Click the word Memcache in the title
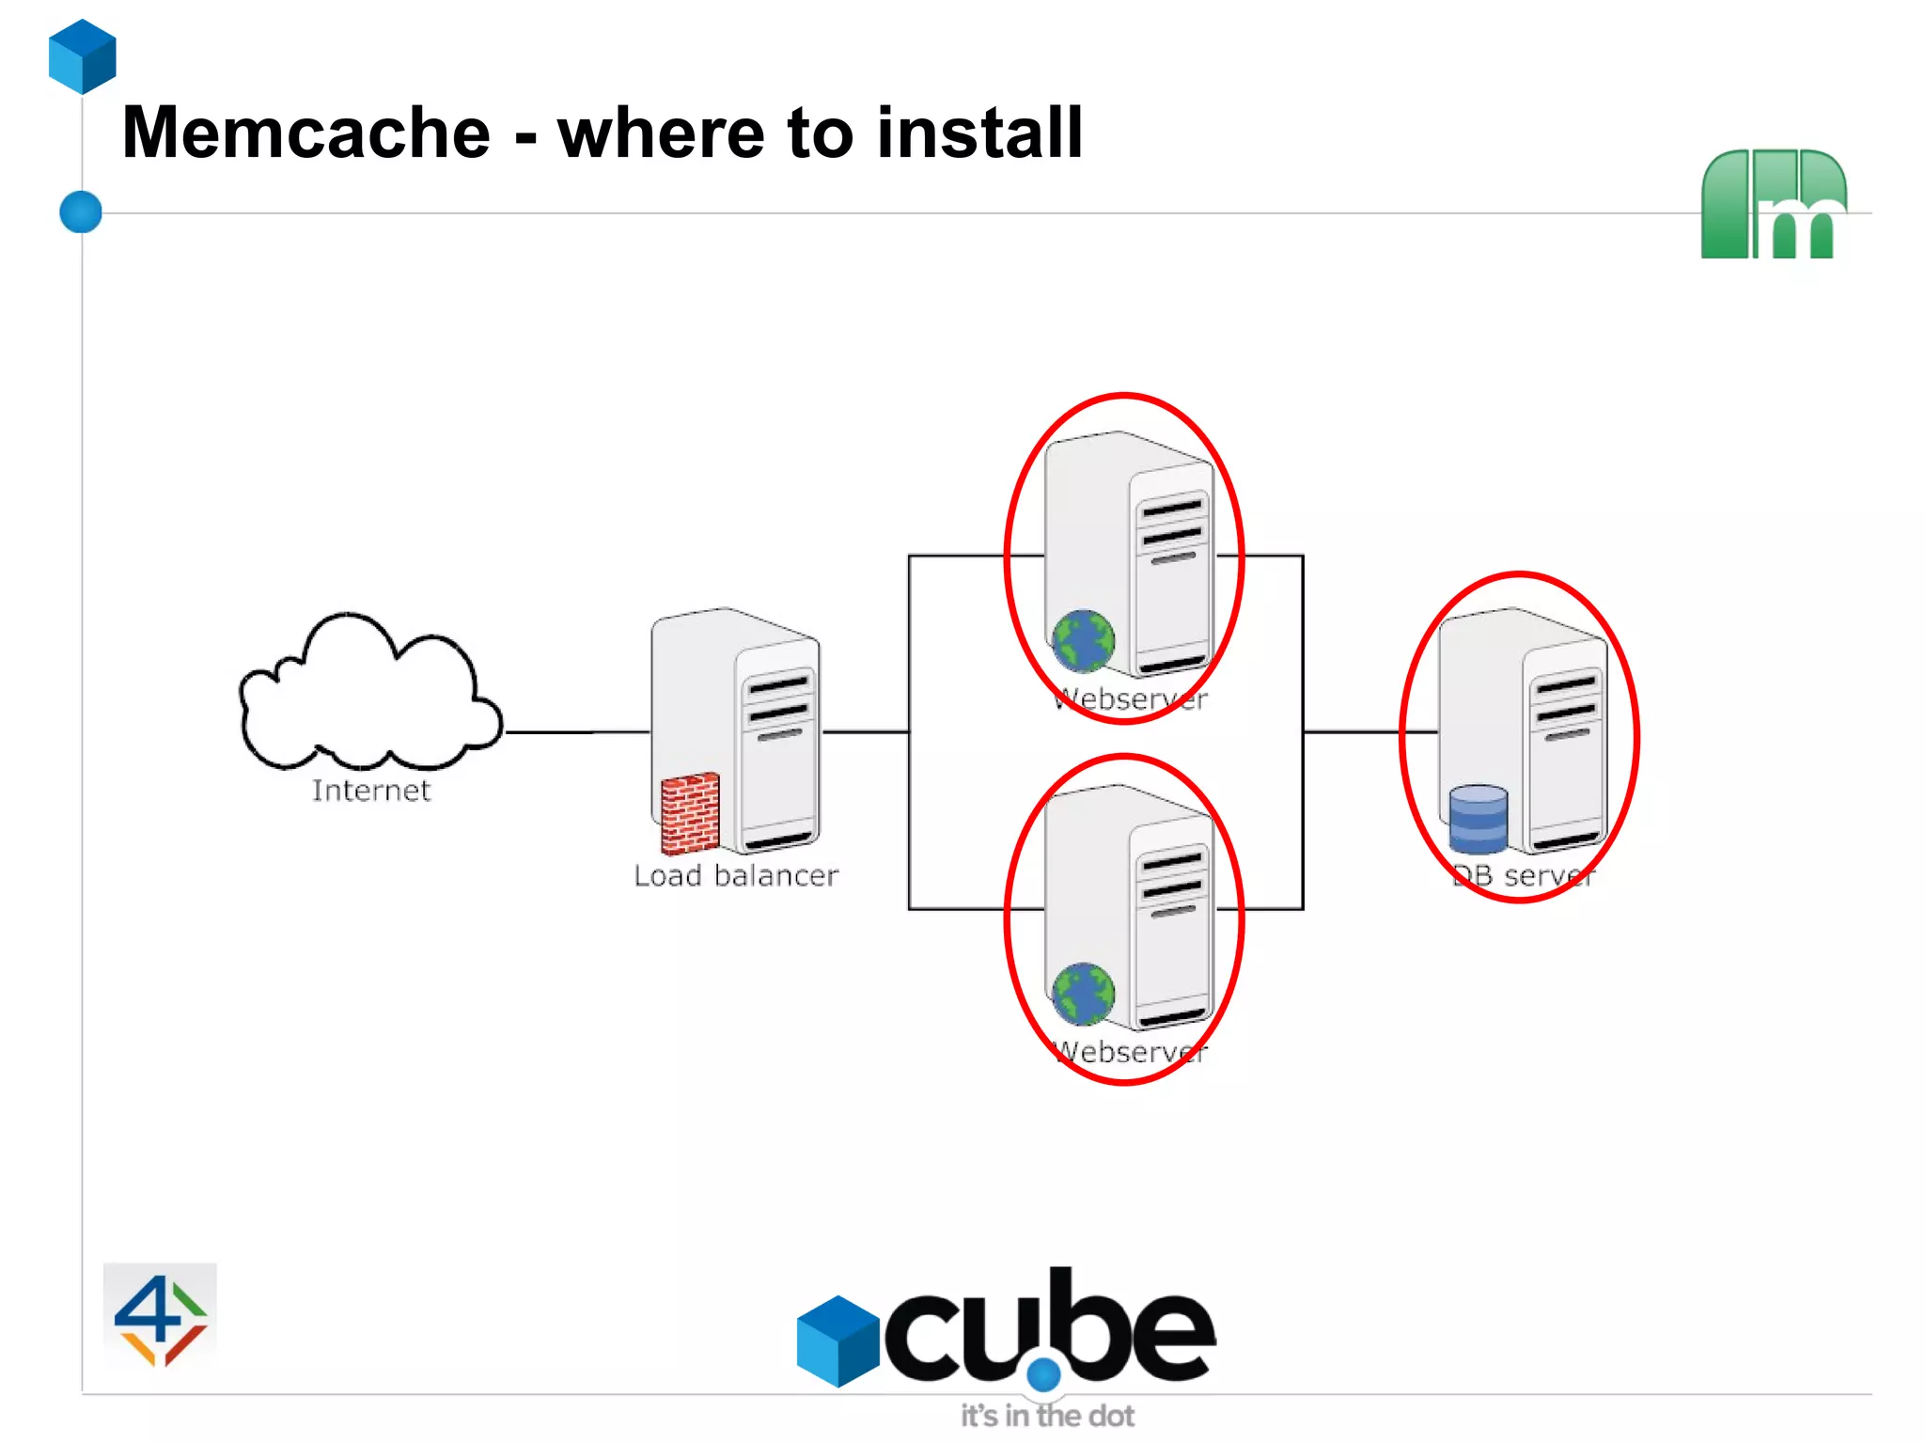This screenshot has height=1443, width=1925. click(305, 133)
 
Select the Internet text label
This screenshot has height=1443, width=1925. click(371, 791)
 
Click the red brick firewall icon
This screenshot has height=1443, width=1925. click(690, 813)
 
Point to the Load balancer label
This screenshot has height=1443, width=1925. click(735, 876)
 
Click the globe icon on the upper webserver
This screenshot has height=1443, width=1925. click(1083, 642)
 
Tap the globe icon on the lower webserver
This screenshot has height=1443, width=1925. click(1083, 994)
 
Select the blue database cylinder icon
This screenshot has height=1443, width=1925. click(1478, 819)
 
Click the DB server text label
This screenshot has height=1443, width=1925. click(1524, 876)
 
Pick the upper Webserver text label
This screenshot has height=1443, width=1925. click(1131, 699)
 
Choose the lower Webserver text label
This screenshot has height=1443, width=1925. click(1131, 1052)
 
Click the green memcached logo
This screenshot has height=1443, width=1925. click(1773, 204)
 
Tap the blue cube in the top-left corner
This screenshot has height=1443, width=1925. click(83, 56)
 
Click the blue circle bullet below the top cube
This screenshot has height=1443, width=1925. click(81, 212)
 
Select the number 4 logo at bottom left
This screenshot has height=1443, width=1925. click(160, 1317)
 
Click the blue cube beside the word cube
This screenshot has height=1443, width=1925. click(837, 1341)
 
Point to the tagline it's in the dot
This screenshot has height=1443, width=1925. click(1047, 1415)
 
